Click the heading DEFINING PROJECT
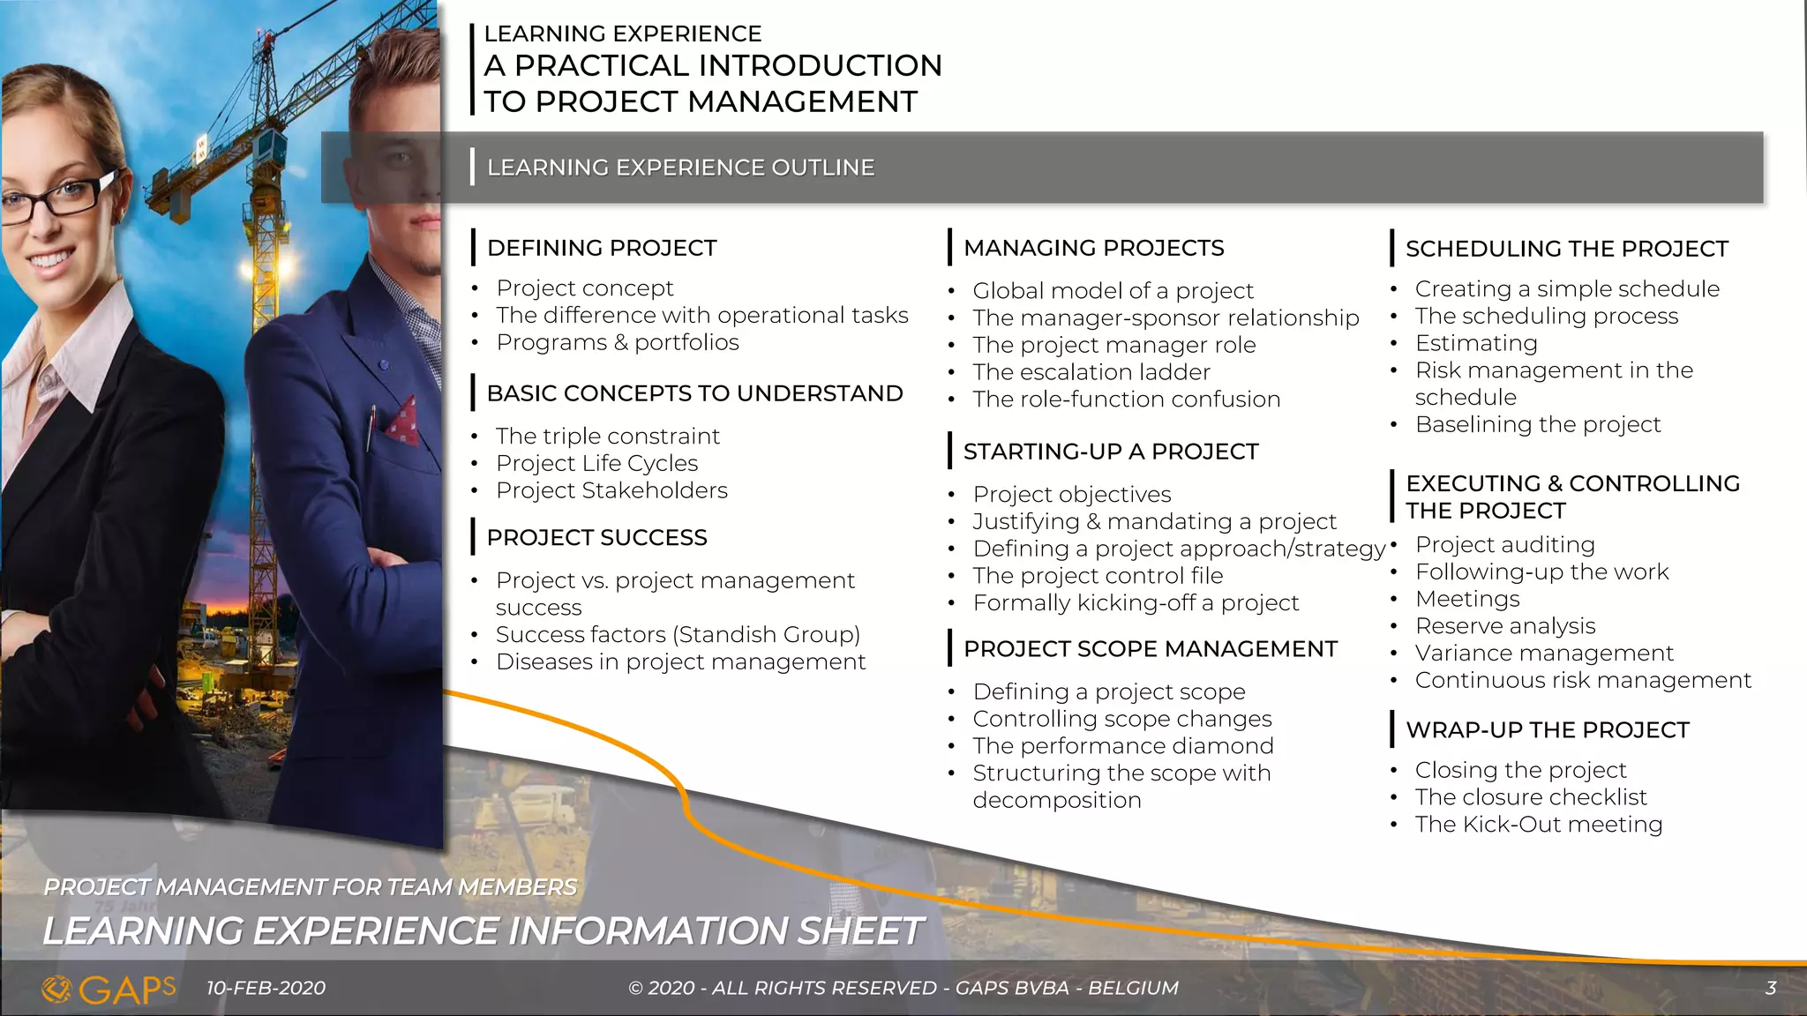601,248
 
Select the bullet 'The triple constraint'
607,436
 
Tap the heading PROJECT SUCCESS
596,537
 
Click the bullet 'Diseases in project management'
680,661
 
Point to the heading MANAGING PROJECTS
1093,248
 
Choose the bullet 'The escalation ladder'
1091,372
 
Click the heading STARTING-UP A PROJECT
1110,452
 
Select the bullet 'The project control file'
1098,576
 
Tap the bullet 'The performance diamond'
1122,746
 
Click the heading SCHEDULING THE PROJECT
1566,249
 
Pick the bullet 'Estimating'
1475,343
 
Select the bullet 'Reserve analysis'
1504,626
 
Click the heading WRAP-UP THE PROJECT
1547,730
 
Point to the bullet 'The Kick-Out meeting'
1538,825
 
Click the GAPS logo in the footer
109,990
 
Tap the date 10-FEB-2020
266,989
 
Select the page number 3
1770,989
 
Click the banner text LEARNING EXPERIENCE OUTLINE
680,168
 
